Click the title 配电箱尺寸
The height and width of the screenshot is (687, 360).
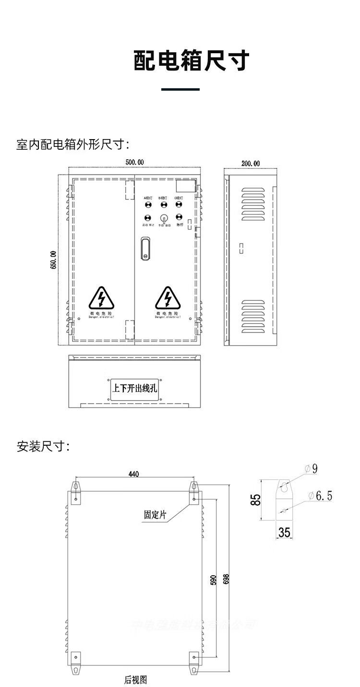[192, 61]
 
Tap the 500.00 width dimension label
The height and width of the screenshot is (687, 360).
[134, 162]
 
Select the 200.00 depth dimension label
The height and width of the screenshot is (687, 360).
[251, 163]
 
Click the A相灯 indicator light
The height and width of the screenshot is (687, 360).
[148, 205]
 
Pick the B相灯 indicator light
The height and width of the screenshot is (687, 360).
[164, 205]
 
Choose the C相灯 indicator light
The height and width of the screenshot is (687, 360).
[179, 205]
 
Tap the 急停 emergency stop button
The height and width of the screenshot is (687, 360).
[179, 217]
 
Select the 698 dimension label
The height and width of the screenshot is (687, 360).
[227, 579]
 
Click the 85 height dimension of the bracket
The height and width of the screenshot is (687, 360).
[256, 499]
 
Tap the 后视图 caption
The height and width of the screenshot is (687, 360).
[135, 680]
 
